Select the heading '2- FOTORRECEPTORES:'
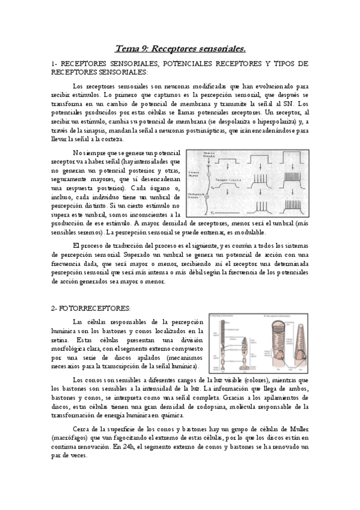[x=91, y=307]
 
